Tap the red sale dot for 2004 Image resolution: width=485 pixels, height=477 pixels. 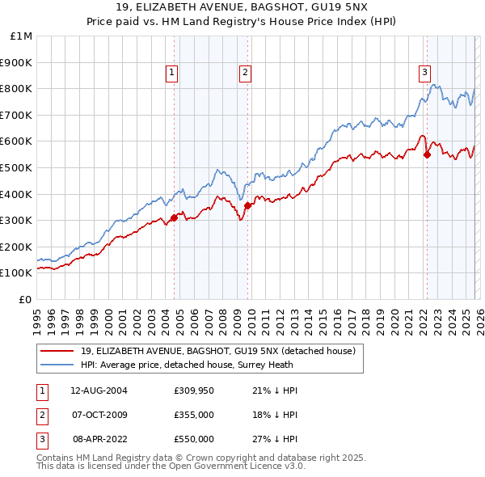tap(174, 217)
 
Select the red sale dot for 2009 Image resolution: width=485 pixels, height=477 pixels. tap(247, 205)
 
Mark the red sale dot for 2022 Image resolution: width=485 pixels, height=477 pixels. tap(427, 154)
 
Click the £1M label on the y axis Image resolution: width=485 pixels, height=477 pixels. tap(22, 36)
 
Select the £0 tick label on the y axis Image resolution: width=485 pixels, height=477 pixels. tap(25, 299)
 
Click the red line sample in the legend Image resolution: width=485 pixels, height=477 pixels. tap(57, 351)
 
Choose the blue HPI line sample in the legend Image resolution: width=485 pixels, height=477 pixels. tap(57, 365)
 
